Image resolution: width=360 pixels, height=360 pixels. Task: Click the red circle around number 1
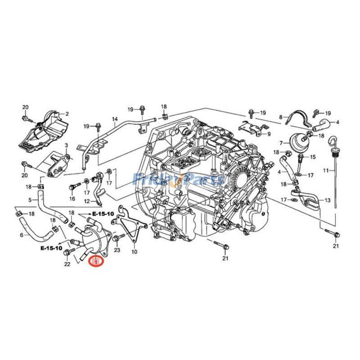click(96, 261)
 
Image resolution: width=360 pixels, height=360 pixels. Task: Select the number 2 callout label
click(67, 114)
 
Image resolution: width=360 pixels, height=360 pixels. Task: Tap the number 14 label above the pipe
click(115, 120)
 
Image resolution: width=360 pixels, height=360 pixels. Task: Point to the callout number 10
click(134, 252)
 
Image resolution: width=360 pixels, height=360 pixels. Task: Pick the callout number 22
click(67, 264)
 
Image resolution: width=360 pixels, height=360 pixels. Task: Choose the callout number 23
click(117, 250)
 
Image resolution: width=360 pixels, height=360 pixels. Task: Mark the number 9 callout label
click(269, 134)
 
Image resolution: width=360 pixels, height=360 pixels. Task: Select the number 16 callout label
click(72, 198)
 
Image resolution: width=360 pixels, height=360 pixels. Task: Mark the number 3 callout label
click(66, 145)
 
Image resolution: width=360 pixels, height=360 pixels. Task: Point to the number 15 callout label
click(313, 157)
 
